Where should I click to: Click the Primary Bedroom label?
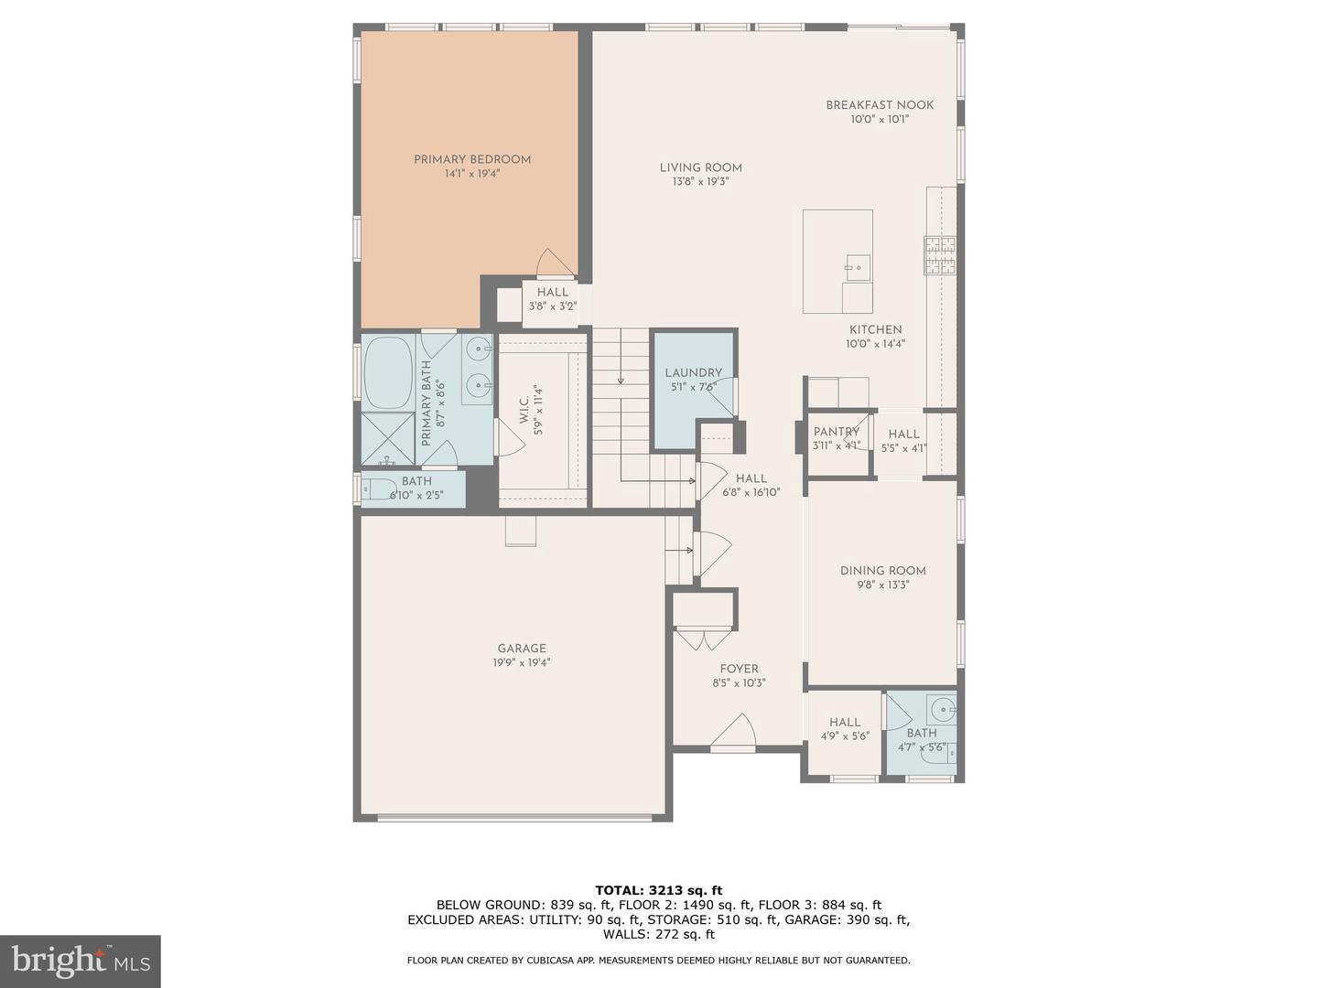[471, 159]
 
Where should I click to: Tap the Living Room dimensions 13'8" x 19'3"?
[700, 182]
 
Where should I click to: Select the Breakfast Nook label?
[880, 105]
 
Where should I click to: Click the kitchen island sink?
[857, 268]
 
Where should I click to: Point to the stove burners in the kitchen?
[939, 255]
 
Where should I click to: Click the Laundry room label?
[693, 372]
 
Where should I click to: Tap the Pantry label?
[836, 432]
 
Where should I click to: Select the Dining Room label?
[882, 571]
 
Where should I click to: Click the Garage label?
[521, 649]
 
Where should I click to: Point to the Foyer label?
[739, 669]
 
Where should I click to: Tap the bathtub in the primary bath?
[389, 373]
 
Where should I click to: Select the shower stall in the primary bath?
[388, 440]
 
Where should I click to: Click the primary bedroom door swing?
[555, 263]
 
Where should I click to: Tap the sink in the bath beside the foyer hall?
[941, 709]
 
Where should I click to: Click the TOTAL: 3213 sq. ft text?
[658, 890]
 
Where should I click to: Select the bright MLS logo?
[81, 961]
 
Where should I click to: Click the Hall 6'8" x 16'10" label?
[751, 478]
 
